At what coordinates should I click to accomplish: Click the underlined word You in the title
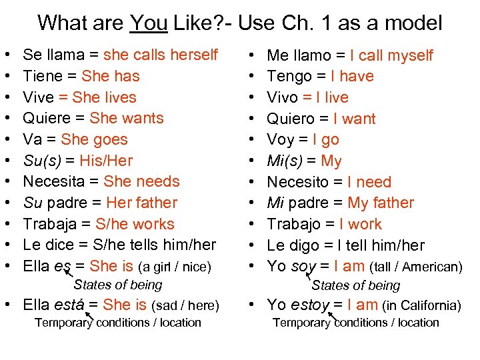tap(149, 23)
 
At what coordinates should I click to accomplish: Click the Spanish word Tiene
tap(43, 76)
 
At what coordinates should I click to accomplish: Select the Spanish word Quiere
tap(46, 118)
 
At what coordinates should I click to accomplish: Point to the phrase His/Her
tap(106, 161)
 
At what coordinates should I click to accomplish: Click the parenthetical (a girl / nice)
tap(174, 267)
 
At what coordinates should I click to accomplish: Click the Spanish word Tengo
tap(287, 76)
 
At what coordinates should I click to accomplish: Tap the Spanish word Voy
tap(280, 139)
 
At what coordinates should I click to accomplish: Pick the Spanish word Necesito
tap(300, 182)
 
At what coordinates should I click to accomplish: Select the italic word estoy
tap(311, 305)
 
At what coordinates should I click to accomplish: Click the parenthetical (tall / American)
tap(415, 267)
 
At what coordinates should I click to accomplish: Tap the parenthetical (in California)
tap(421, 306)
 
